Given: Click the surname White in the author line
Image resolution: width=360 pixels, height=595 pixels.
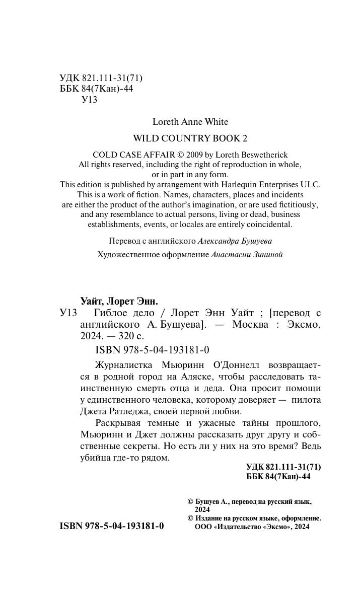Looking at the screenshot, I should [217, 122].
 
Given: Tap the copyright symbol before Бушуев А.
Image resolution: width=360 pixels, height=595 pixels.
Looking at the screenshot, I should [190, 502].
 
